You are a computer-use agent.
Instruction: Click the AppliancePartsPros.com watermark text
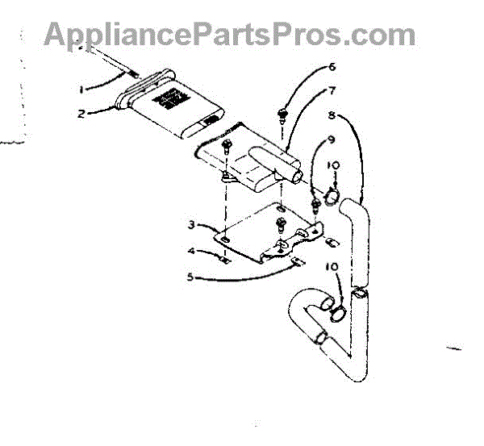pos(230,34)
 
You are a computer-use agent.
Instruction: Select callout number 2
pos(81,114)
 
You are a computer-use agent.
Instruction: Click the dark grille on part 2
pos(170,98)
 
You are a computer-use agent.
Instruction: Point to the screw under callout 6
pos(282,110)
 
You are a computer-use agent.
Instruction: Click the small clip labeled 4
pos(227,261)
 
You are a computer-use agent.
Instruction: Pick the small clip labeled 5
pos(297,260)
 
